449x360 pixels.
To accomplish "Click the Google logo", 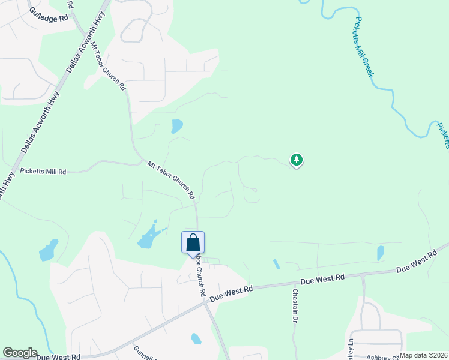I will point(20,353).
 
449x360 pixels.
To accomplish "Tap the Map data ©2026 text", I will point(423,355).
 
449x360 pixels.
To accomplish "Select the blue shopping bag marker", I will point(193,243).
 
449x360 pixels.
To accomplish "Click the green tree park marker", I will point(296,160).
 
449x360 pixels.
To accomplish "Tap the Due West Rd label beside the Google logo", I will point(58,357).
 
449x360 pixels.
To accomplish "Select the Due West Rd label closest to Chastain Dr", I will point(322,279).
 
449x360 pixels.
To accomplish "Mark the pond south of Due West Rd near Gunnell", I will point(196,338).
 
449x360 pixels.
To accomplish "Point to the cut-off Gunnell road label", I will point(145,353).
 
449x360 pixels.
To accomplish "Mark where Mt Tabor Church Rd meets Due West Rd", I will point(206,302).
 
